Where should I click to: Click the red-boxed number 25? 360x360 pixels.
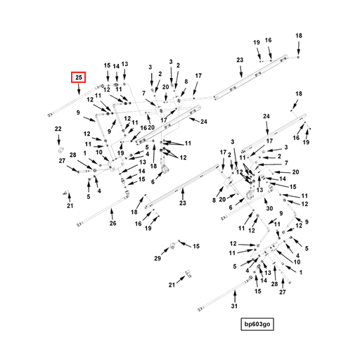[79, 77]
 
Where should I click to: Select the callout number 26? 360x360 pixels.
[112, 223]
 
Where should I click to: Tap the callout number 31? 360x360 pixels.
[234, 306]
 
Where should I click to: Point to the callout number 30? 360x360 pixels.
[269, 208]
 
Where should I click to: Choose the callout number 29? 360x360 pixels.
[157, 258]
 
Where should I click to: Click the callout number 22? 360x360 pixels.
[58, 129]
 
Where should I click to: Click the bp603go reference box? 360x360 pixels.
[257, 324]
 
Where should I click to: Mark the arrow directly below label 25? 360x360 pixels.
[79, 89]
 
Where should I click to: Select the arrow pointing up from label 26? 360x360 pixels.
[112, 214]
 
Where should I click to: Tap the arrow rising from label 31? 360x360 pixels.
[235, 296]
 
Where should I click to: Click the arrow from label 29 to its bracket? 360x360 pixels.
[165, 252]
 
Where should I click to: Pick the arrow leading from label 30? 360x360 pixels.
[266, 201]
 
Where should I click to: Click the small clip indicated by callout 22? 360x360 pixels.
[60, 150]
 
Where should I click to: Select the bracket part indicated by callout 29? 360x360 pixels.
[172, 246]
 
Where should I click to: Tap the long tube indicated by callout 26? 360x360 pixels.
[103, 211]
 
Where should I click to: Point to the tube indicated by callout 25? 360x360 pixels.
[76, 101]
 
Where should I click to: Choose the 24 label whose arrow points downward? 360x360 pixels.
[266, 116]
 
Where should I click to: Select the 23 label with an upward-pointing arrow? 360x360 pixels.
[183, 202]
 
